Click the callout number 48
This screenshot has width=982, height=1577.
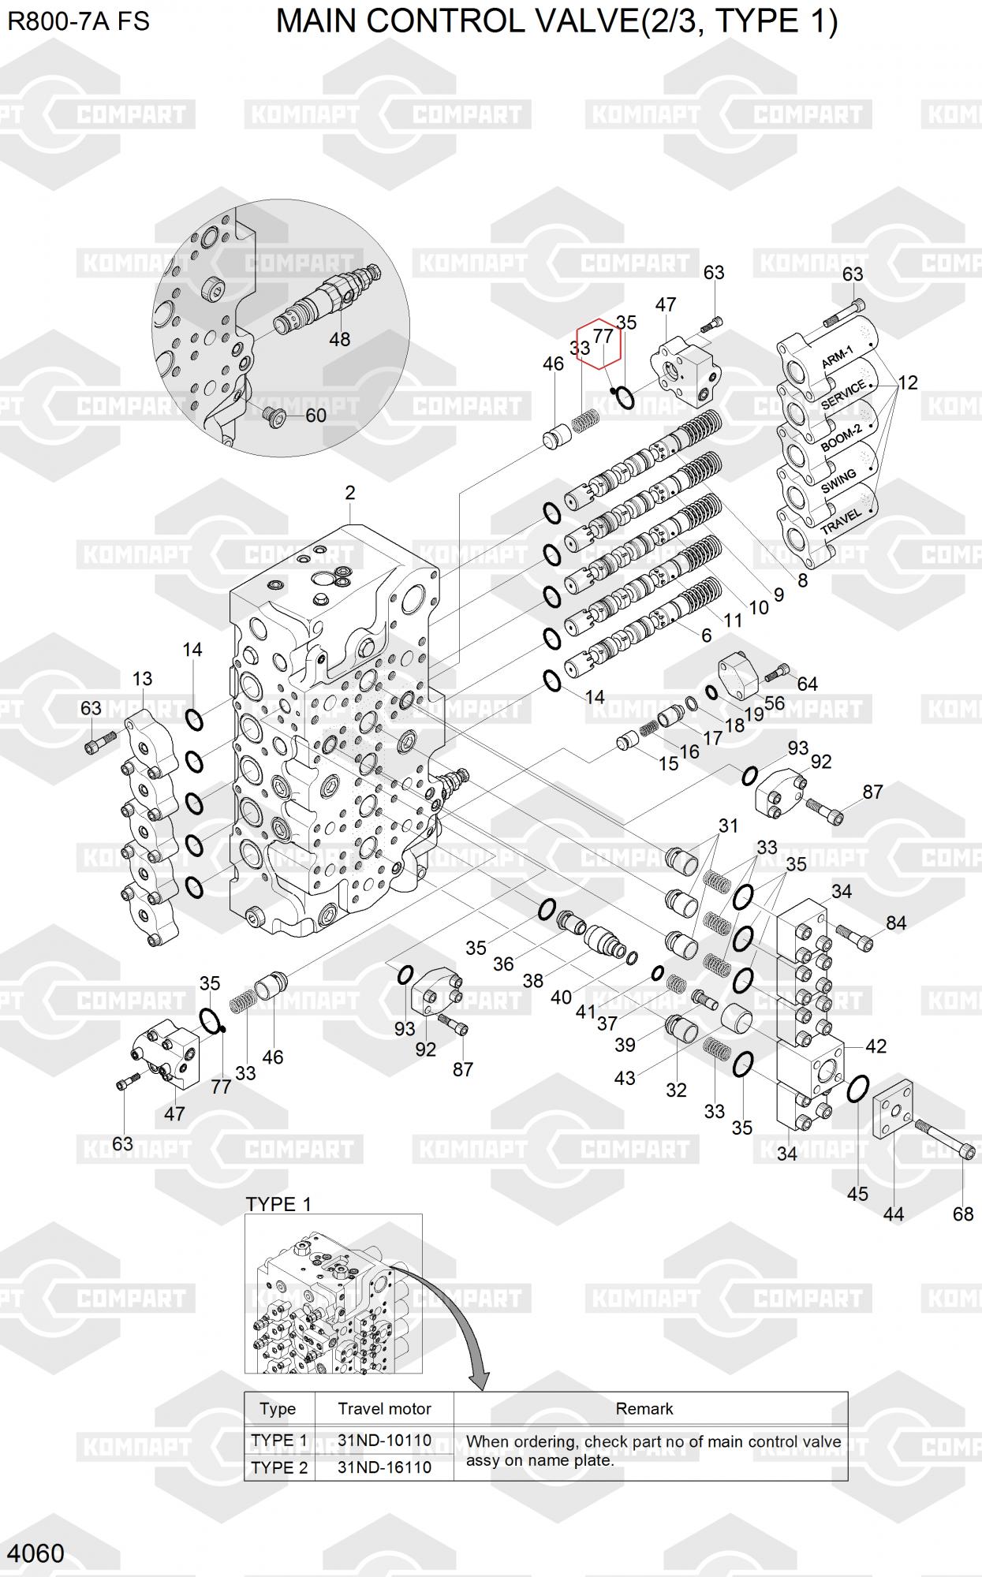[340, 339]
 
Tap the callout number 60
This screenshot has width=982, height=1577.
[316, 415]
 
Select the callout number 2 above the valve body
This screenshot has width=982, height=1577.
[350, 493]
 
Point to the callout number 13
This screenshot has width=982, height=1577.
[142, 679]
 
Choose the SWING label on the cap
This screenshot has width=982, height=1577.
[838, 481]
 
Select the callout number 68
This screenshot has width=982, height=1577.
[963, 1214]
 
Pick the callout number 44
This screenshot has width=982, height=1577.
[893, 1214]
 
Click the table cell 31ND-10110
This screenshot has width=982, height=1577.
[384, 1440]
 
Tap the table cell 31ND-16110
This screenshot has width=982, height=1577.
[384, 1467]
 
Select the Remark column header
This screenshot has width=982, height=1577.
[644, 1408]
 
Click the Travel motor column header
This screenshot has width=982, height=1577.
[384, 1408]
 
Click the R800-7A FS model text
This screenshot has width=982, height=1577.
[78, 21]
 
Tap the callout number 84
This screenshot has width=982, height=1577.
[896, 923]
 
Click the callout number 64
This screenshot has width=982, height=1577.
[807, 684]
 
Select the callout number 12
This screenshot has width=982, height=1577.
[908, 382]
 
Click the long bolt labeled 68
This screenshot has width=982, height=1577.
[946, 1139]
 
